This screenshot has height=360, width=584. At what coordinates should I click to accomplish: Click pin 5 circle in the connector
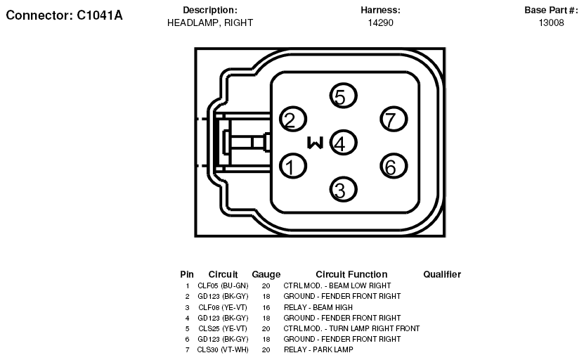coord(344,96)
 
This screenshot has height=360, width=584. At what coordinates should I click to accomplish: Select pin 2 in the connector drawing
coord(293,120)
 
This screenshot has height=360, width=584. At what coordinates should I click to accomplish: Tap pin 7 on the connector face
coord(394,120)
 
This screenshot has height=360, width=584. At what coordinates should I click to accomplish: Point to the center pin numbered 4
coord(344,143)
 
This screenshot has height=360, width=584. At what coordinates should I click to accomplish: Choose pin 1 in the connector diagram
coord(293,166)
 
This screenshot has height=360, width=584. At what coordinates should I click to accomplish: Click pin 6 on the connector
coord(394,166)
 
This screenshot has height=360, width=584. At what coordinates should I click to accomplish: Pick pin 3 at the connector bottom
coord(344,190)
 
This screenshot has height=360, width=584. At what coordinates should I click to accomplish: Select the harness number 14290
coord(380,22)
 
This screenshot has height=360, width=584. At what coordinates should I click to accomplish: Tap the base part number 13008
coord(551,22)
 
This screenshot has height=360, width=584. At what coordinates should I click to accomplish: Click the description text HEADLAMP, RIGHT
coord(210,22)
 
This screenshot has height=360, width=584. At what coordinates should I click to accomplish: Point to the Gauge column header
coord(266,275)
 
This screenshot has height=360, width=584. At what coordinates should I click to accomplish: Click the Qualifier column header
coord(442,274)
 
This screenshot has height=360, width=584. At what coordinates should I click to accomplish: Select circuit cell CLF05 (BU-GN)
coord(223,286)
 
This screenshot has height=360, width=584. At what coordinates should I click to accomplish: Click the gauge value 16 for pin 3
coord(266,307)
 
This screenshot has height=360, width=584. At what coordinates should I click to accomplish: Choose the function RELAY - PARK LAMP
coord(318,349)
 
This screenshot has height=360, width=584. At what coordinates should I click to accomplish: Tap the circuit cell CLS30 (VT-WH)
coord(223,349)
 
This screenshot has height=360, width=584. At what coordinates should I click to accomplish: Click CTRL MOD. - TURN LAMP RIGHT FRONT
coord(351,328)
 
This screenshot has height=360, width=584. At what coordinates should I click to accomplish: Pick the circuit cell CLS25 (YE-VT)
coord(223,328)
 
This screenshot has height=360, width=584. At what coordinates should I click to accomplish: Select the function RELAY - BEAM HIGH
coord(318,307)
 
